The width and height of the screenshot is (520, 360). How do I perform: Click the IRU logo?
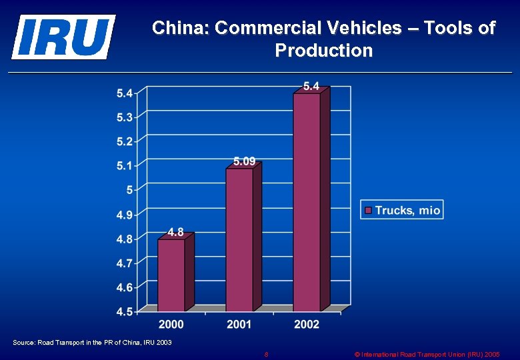click(x=63, y=37)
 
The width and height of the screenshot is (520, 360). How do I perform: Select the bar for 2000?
click(x=171, y=275)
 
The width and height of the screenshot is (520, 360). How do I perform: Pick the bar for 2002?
click(x=307, y=201)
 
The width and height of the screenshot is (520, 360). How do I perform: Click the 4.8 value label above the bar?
click(x=175, y=232)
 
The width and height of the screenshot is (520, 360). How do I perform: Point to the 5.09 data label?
click(x=244, y=161)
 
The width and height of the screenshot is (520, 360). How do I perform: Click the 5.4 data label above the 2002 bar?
click(x=311, y=86)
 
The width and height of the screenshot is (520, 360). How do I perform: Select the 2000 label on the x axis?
click(x=171, y=324)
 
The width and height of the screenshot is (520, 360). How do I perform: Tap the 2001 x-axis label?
click(x=239, y=324)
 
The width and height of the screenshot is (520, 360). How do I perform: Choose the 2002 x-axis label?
click(x=307, y=324)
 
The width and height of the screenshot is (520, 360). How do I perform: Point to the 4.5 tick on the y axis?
click(x=125, y=311)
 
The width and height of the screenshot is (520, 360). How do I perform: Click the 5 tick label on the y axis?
click(x=129, y=190)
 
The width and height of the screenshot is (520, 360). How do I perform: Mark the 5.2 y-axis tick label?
click(x=125, y=141)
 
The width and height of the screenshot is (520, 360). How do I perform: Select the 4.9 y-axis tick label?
click(x=125, y=215)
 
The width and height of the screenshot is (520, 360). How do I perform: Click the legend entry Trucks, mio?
click(x=407, y=210)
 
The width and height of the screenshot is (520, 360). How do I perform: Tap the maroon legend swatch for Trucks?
click(x=367, y=210)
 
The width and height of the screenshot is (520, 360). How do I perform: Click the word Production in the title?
click(x=323, y=50)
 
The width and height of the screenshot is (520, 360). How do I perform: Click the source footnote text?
click(x=92, y=342)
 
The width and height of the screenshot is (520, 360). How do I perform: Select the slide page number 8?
click(x=266, y=354)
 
